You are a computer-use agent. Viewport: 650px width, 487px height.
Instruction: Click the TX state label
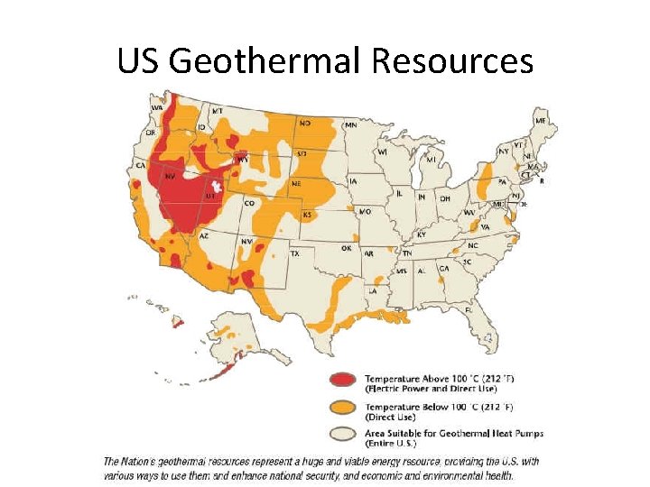coord(294,254)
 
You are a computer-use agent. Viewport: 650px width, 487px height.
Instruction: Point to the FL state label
coord(469,309)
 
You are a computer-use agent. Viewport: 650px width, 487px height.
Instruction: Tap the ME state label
coord(540,120)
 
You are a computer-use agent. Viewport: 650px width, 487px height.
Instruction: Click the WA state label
coord(157,107)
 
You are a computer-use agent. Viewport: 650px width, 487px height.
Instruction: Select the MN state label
coord(350,124)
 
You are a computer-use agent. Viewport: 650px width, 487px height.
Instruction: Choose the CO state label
coord(248,204)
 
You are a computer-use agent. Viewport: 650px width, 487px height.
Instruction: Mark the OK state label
coord(346,247)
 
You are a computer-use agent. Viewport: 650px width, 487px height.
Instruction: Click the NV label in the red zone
coord(169,178)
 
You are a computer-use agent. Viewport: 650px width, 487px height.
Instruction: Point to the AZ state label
coord(204,235)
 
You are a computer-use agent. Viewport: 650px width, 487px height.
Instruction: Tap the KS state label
coord(306,215)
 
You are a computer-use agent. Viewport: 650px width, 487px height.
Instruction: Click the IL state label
coord(398,193)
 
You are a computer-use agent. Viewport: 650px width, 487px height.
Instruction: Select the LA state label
coord(372,290)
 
